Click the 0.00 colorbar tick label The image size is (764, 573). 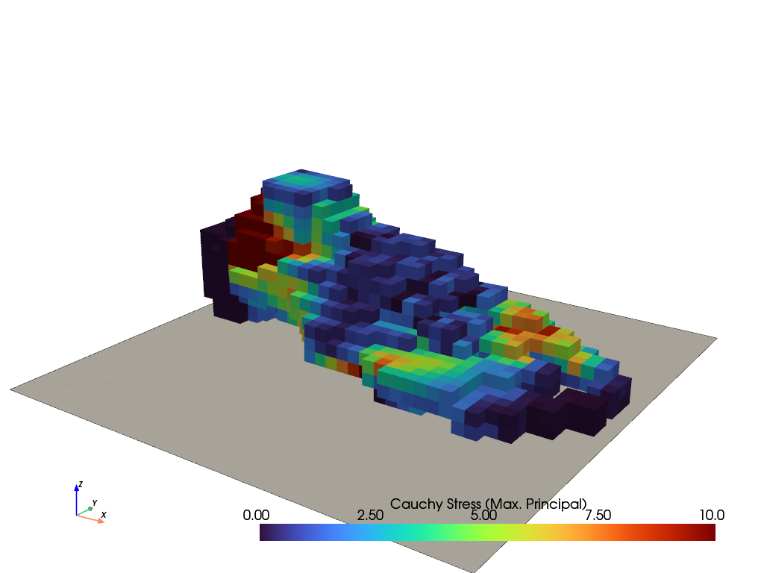pyautogui.click(x=256, y=515)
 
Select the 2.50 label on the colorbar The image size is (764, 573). pyautogui.click(x=370, y=515)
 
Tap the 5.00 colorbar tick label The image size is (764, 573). pyautogui.click(x=483, y=515)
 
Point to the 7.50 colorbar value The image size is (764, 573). pyautogui.click(x=598, y=515)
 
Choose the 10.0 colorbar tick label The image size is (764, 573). pyautogui.click(x=711, y=515)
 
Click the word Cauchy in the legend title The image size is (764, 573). pyautogui.click(x=410, y=504)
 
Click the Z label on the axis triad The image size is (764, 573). pyautogui.click(x=81, y=484)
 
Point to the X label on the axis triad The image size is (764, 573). pyautogui.click(x=103, y=515)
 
